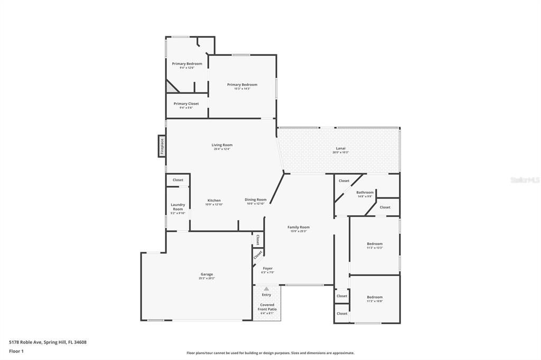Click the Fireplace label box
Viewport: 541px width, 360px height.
pyautogui.click(x=162, y=146)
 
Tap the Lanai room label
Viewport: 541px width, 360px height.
pyautogui.click(x=341, y=148)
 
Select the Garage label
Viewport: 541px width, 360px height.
pyautogui.click(x=207, y=274)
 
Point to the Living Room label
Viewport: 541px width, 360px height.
pyautogui.click(x=222, y=145)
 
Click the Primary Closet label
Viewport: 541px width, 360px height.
pyautogui.click(x=186, y=103)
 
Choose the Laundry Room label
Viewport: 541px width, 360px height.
pyautogui.click(x=178, y=206)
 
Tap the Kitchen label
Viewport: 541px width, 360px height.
pyautogui.click(x=214, y=200)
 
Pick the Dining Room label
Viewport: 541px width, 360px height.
pyautogui.click(x=256, y=200)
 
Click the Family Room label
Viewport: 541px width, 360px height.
pyautogui.click(x=299, y=227)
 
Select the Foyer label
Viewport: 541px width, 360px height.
pyautogui.click(x=267, y=268)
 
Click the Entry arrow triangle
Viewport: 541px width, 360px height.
pyautogui.click(x=266, y=289)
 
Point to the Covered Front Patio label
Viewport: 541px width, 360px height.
pyautogui.click(x=267, y=307)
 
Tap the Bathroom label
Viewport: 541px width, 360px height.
pyautogui.click(x=365, y=192)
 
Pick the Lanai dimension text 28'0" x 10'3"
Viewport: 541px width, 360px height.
pyautogui.click(x=341, y=153)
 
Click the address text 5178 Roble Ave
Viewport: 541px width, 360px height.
pyautogui.click(x=48, y=342)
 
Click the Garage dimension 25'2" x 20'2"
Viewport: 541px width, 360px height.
pyautogui.click(x=207, y=278)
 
